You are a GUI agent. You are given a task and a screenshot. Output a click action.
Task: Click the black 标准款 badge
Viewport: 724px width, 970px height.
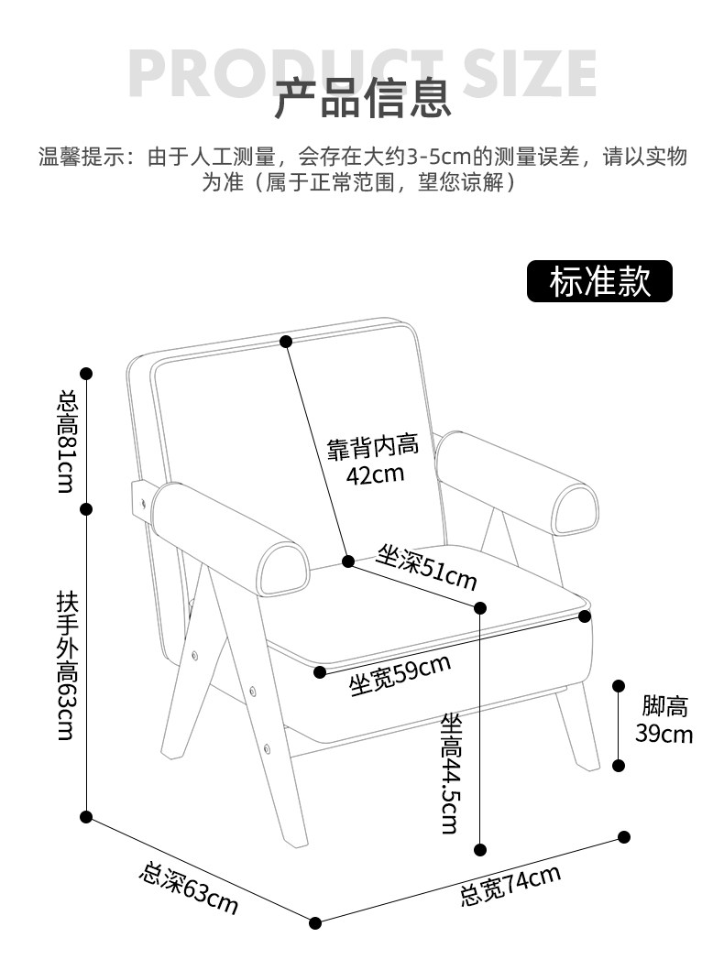click(599, 281)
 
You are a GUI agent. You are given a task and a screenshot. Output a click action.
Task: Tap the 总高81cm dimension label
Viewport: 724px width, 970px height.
click(66, 441)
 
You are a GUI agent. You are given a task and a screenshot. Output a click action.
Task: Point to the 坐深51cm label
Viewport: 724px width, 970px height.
click(427, 568)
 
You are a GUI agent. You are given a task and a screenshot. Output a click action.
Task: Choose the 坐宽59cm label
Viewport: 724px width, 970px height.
click(400, 675)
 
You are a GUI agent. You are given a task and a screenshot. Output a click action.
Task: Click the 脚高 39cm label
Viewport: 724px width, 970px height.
click(664, 720)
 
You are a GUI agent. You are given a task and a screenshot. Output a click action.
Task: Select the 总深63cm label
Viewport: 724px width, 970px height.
click(189, 888)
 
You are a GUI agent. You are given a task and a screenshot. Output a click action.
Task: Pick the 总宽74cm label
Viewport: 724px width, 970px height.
click(510, 885)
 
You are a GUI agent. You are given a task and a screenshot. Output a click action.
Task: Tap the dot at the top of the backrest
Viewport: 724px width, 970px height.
click(286, 342)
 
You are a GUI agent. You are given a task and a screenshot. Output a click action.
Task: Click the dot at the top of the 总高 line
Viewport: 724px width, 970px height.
click(87, 373)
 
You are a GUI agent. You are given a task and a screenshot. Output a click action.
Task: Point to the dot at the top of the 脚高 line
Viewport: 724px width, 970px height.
click(620, 685)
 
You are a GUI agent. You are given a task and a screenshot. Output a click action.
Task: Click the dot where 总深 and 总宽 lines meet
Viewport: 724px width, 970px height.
click(315, 922)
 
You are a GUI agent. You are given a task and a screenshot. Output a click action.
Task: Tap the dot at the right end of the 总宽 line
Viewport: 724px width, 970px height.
click(624, 836)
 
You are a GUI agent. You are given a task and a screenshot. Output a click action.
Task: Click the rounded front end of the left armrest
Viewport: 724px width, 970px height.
click(282, 570)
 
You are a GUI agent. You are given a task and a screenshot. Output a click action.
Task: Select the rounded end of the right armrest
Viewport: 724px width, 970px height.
click(577, 509)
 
